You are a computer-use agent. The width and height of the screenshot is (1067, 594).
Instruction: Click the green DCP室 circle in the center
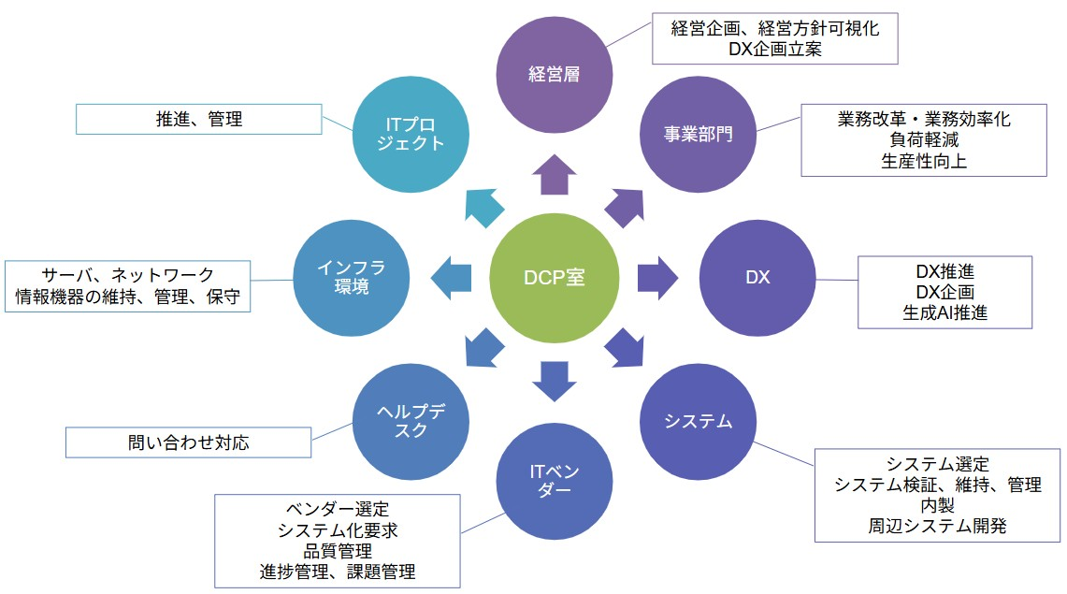(x=554, y=278)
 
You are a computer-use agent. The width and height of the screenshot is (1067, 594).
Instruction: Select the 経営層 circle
(x=554, y=74)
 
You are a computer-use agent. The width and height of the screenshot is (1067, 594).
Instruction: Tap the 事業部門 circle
(x=698, y=133)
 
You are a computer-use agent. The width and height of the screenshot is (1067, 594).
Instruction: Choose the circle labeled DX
(x=757, y=278)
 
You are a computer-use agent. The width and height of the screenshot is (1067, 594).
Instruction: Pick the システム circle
(x=698, y=421)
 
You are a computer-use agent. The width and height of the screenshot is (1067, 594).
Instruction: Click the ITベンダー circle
(x=554, y=481)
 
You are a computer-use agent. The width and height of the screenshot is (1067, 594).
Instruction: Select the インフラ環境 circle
(x=351, y=278)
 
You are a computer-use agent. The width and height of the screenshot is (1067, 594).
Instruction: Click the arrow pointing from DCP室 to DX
(x=658, y=278)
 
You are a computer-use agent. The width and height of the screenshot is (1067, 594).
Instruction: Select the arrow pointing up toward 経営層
(x=554, y=174)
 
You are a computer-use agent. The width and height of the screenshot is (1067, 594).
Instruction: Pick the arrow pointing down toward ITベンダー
(x=554, y=381)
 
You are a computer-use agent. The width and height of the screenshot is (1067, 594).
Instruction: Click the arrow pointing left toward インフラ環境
(x=451, y=278)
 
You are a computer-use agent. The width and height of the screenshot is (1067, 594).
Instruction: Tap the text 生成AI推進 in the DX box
(x=945, y=312)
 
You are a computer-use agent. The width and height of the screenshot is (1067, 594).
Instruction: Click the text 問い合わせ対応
(x=188, y=442)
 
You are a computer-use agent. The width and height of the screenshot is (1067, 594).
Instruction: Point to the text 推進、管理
(x=199, y=119)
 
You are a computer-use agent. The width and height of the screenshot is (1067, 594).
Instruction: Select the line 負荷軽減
(x=924, y=140)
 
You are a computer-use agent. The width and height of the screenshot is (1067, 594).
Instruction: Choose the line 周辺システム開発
(x=937, y=526)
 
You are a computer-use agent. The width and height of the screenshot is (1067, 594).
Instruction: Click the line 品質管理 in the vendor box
(x=337, y=551)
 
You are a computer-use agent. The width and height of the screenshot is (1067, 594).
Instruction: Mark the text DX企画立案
(x=775, y=50)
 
